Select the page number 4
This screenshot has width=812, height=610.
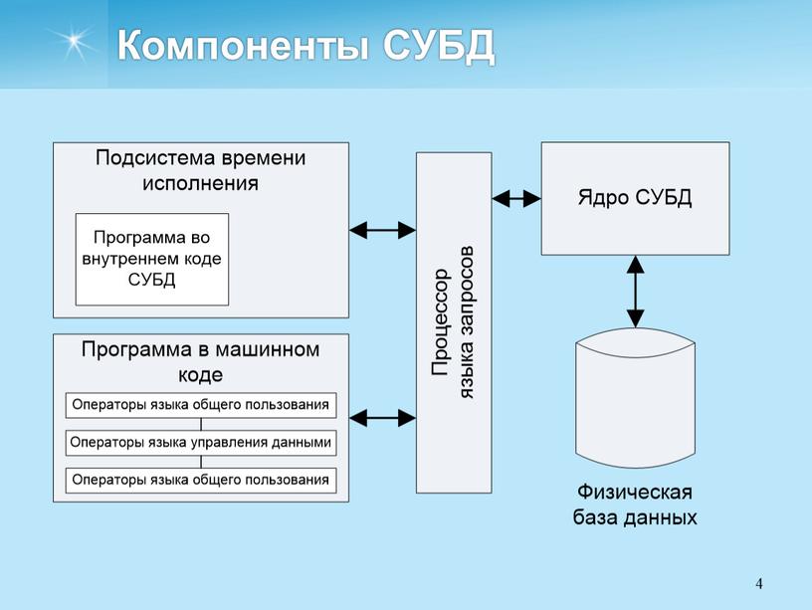[x=759, y=582]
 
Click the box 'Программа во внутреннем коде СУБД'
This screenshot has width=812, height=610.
[x=152, y=259]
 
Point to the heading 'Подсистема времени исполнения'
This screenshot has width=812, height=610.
[x=200, y=170]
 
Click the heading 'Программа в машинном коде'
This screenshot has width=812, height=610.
[x=200, y=361]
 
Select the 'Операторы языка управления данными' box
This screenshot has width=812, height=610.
[x=201, y=442]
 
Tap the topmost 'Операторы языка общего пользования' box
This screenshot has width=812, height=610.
[x=201, y=405]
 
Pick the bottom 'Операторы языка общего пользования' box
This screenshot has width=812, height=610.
[x=201, y=480]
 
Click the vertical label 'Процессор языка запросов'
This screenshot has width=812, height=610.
[x=454, y=323]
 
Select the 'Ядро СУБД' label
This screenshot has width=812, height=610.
[x=634, y=197]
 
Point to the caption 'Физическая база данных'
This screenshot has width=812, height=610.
[x=635, y=505]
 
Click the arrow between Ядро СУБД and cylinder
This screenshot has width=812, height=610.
[x=635, y=292]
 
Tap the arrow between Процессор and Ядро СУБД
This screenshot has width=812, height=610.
[x=516, y=198]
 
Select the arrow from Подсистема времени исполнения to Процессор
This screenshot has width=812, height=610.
[x=382, y=231]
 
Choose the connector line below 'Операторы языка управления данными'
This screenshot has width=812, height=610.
[x=201, y=461]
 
